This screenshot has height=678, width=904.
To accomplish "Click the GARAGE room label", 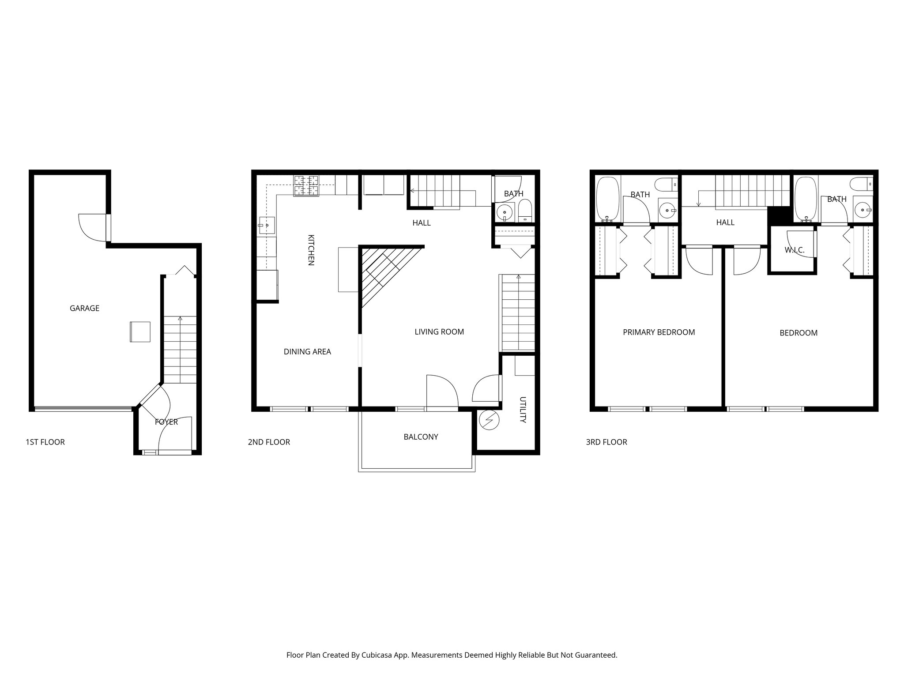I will click(x=84, y=309).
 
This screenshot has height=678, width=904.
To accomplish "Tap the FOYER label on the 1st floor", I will click(x=166, y=422).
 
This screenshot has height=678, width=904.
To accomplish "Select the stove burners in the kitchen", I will click(x=306, y=186).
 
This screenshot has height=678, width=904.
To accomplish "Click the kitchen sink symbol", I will click(x=266, y=225).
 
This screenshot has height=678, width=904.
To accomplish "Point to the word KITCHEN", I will click(x=311, y=250).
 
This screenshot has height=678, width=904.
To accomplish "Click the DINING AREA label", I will click(x=307, y=352).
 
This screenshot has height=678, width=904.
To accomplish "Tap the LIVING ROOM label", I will click(x=439, y=332).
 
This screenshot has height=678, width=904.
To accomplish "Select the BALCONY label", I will click(x=421, y=437).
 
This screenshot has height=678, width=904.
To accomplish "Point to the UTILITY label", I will click(x=523, y=410).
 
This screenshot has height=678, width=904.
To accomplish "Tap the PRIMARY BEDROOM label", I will click(x=659, y=332).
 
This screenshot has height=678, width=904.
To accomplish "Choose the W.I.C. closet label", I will click(x=795, y=250).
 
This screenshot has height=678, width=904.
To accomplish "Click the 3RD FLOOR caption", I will click(x=606, y=442).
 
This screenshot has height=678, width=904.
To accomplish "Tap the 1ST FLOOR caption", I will click(x=45, y=442).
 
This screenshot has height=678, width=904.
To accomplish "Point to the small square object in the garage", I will click(x=140, y=332).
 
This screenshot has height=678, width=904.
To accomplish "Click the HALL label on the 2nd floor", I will click(x=421, y=223).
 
